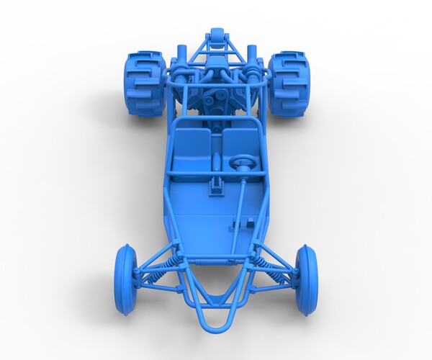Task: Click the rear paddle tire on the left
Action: tap(145, 82)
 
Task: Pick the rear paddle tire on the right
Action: tap(289, 84)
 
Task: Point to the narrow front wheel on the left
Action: tap(125, 278)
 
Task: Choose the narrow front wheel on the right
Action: tap(307, 279)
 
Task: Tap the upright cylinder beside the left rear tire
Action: tap(181, 54)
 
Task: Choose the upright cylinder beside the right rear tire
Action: tap(252, 54)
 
